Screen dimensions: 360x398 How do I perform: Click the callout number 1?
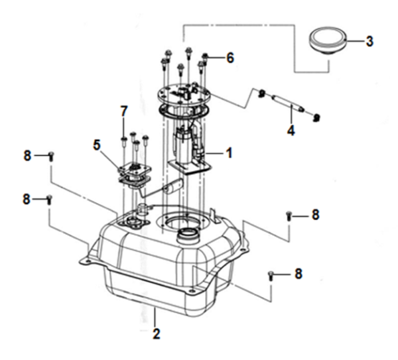(x=229, y=153)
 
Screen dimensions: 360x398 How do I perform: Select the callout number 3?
(x=369, y=41)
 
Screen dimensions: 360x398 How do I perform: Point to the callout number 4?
(x=291, y=131)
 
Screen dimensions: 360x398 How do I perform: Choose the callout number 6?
(x=230, y=58)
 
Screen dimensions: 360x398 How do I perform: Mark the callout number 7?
(x=123, y=110)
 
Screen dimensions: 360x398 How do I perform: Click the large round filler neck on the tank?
(x=188, y=234)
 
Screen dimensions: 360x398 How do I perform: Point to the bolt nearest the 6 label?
(x=205, y=58)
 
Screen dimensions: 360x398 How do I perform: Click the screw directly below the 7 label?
(x=124, y=139)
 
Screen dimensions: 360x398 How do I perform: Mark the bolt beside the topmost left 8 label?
(x=51, y=156)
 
